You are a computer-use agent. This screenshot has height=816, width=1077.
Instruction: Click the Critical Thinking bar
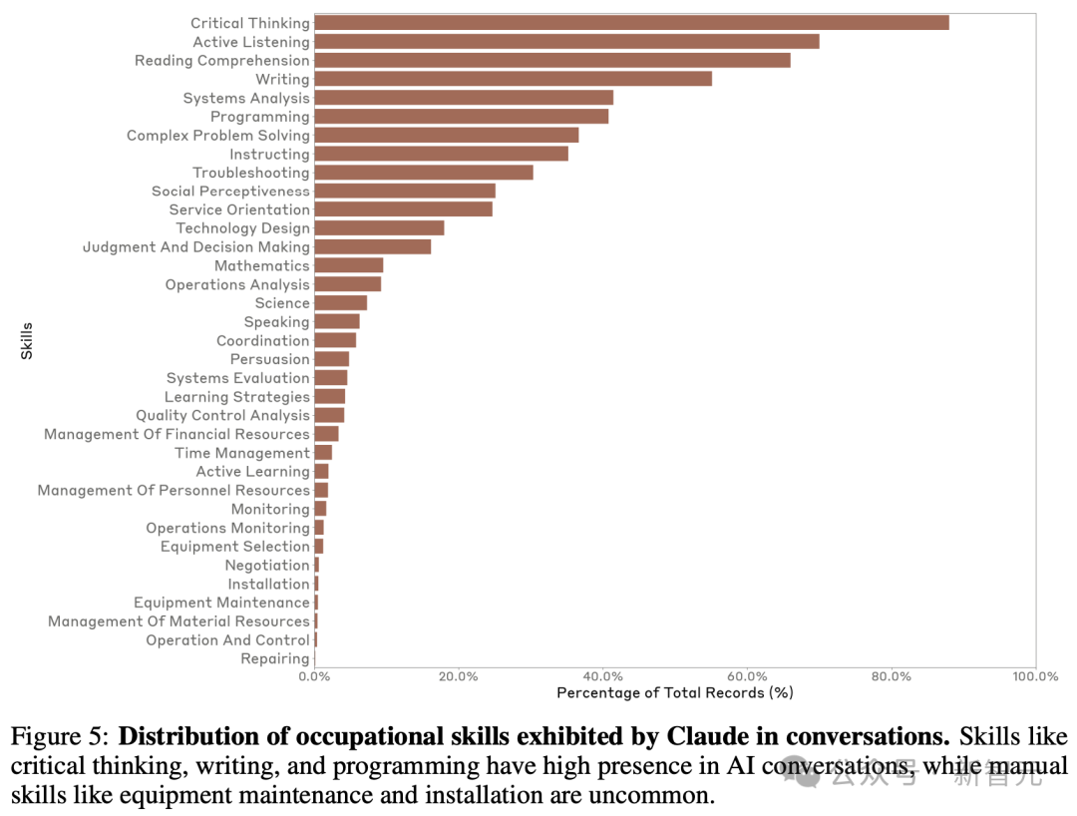pos(631,22)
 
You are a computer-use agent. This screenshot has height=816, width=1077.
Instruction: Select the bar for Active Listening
pos(566,41)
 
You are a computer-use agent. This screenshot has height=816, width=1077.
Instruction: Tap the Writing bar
pos(513,79)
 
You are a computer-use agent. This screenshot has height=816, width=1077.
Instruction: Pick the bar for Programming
pos(461,117)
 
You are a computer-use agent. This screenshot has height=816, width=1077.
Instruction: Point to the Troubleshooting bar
pos(424,173)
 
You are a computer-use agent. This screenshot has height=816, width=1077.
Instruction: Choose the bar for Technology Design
pos(379,228)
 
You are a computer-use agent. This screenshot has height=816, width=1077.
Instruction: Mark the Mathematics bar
pos(348,265)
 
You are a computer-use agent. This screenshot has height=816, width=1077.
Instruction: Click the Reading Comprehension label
pos(222,61)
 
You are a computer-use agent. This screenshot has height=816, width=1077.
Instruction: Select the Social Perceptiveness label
pos(230,192)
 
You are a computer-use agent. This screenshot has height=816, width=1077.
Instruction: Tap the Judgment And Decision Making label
pos(196,247)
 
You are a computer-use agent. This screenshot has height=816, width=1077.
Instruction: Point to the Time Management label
pos(242,453)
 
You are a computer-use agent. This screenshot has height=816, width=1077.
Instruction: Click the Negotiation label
pos(267,566)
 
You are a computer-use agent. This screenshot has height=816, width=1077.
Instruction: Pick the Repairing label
pos(275,659)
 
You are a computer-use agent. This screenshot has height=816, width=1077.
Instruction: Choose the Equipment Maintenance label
pos(222,603)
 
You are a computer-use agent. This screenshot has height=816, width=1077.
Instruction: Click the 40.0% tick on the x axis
pos(602,676)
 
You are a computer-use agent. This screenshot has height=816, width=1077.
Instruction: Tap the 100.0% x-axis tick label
pos(1035,676)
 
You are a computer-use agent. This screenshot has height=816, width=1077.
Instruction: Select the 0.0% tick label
pos(314,676)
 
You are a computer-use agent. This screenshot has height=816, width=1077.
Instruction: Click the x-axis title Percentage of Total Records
pos(675,692)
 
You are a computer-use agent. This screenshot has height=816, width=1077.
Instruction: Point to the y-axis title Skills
pos(27,340)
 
